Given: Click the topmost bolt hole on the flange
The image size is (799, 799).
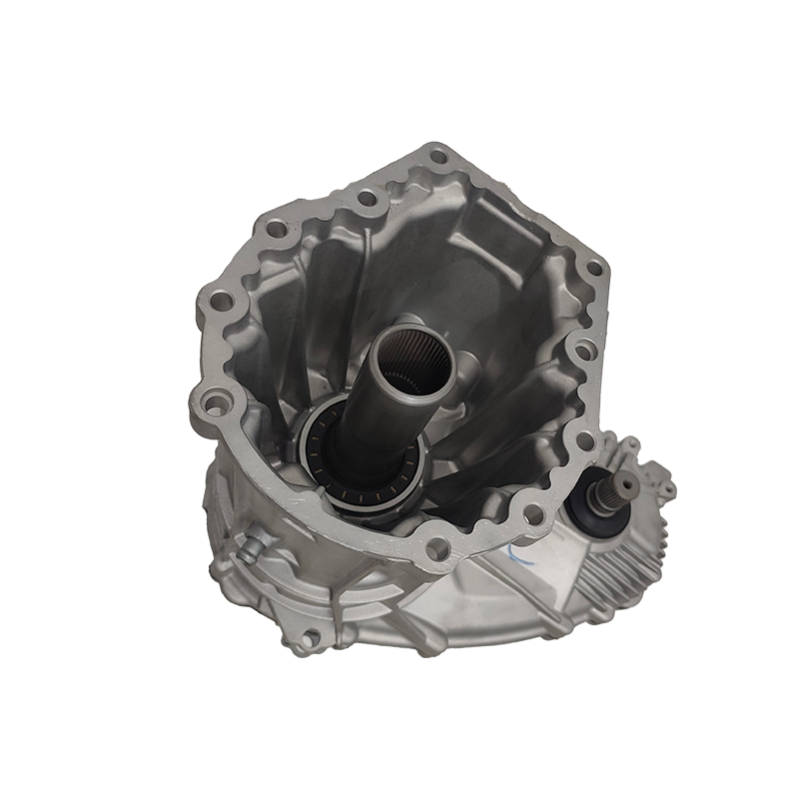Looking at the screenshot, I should pyautogui.click(x=436, y=156).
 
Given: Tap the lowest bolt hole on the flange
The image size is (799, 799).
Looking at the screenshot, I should pyautogui.click(x=436, y=547).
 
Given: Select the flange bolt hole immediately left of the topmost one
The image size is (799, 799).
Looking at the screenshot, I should pyautogui.click(x=367, y=199).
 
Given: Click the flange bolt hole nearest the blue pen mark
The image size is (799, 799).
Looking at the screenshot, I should pyautogui.click(x=532, y=514).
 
